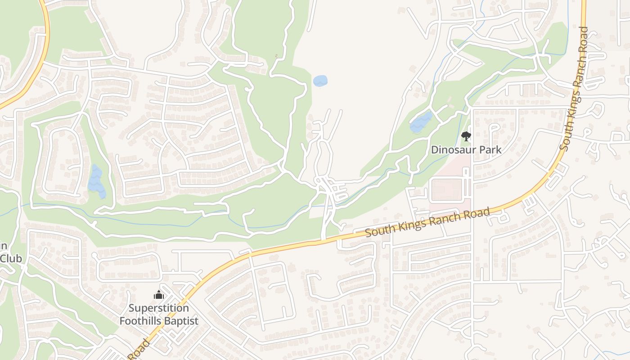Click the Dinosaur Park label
point(466,149)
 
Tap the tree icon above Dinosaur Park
point(466,136)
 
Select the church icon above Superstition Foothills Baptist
point(158,295)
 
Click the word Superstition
point(158,308)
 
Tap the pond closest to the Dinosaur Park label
point(421,122)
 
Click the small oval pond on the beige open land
point(320,81)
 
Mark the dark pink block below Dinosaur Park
point(447,189)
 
